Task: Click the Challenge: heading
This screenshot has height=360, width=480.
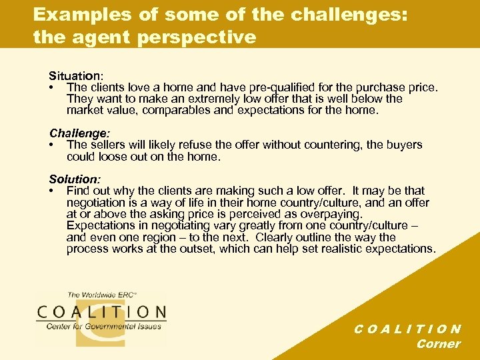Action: [x=77, y=133]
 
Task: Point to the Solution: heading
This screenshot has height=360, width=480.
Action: [x=75, y=179]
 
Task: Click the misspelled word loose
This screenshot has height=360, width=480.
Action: [x=113, y=156]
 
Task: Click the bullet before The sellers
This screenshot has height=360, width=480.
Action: [x=51, y=145]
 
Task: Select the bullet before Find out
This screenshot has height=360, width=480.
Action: [x=51, y=191]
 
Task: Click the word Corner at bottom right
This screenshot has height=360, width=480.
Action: [x=438, y=344]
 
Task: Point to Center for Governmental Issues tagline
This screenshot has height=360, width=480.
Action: [x=103, y=327]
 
